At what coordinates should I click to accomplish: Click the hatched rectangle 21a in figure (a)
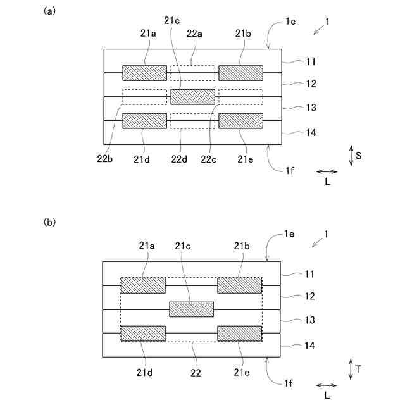pyautogui.click(x=144, y=73)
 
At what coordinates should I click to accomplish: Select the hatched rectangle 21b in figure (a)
pyautogui.click(x=240, y=73)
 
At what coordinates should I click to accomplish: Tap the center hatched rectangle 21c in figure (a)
pyautogui.click(x=193, y=97)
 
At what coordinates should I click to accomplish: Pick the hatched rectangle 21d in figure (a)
pyautogui.click(x=144, y=121)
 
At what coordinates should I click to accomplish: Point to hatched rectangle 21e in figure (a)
pyautogui.click(x=240, y=121)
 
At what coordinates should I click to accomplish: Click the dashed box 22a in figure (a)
pyautogui.click(x=193, y=73)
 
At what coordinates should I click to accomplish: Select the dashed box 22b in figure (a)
pyautogui.click(x=144, y=97)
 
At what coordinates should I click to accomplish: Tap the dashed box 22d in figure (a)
pyautogui.click(x=193, y=121)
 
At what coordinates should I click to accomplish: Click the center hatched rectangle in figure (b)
pyautogui.click(x=192, y=309)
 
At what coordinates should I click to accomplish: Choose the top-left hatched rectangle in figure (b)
pyautogui.click(x=143, y=285)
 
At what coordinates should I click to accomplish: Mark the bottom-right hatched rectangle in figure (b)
pyautogui.click(x=240, y=333)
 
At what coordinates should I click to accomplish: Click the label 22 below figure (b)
pyautogui.click(x=196, y=373)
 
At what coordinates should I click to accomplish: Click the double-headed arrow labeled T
pyautogui.click(x=351, y=370)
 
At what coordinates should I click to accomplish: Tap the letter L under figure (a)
pyautogui.click(x=327, y=182)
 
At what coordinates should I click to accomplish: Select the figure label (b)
pyautogui.click(x=49, y=222)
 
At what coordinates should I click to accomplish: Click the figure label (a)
pyautogui.click(x=49, y=11)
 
